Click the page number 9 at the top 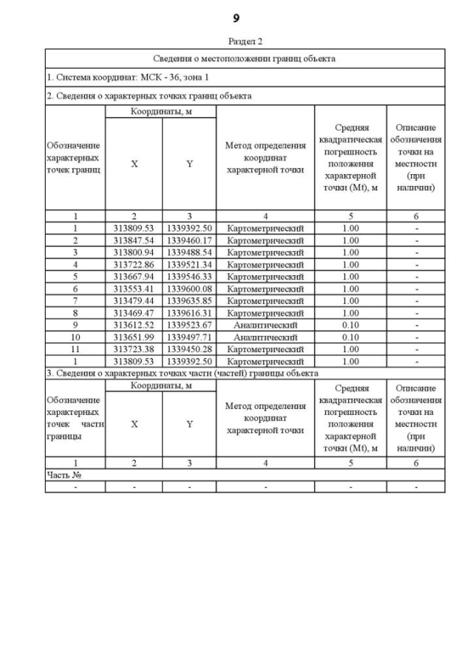pyautogui.click(x=236, y=18)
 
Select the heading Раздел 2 pyautogui.click(x=245, y=41)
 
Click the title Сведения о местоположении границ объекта pyautogui.click(x=245, y=58)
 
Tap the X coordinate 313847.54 pyautogui.click(x=134, y=240)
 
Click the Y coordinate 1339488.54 pyautogui.click(x=189, y=252)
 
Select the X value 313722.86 pyautogui.click(x=134, y=264)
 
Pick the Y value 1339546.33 pyautogui.click(x=189, y=277)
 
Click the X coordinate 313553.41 pyautogui.click(x=134, y=289)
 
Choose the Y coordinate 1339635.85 pyautogui.click(x=189, y=301)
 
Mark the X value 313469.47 pyautogui.click(x=134, y=313)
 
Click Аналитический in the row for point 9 pyautogui.click(x=265, y=326)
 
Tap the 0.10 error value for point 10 pyautogui.click(x=350, y=337)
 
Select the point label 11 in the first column pyautogui.click(x=75, y=349)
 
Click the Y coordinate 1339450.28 pyautogui.click(x=189, y=349)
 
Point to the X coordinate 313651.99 pyautogui.click(x=134, y=337)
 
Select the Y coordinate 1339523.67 pyautogui.click(x=189, y=326)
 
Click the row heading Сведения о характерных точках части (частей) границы pyautogui.click(x=182, y=373)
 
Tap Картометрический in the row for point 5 pyautogui.click(x=265, y=277)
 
